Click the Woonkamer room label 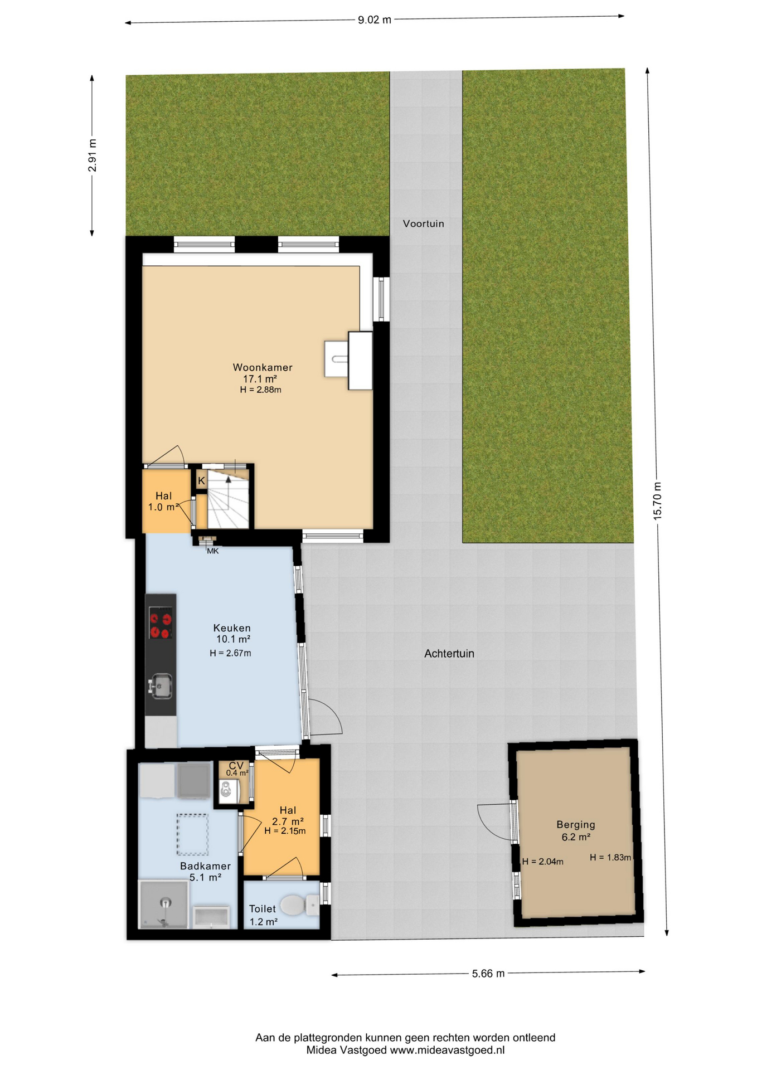point(263,367)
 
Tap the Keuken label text point(232,628)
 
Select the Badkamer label point(205,866)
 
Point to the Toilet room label point(262,908)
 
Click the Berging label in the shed point(576,825)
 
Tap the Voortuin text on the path point(424,223)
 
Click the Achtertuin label point(449,653)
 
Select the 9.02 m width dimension point(375,20)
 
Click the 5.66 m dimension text point(488,974)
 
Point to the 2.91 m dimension point(93,155)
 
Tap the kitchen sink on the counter point(161,685)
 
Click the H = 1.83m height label point(610,858)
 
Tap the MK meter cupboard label point(213,551)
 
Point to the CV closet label point(236,766)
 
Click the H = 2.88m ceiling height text point(260,390)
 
